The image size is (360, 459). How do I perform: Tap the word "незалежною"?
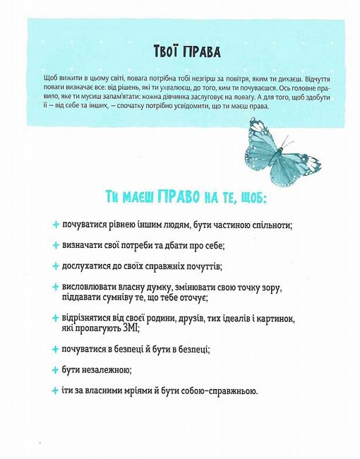tap(99, 369)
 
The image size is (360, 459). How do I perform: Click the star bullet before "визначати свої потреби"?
tap(56, 245)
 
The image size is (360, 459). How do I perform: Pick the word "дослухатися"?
tap(91, 266)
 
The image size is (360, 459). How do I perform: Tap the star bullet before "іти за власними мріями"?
tap(56, 391)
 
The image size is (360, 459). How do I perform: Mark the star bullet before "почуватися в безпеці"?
tap(56, 349)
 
